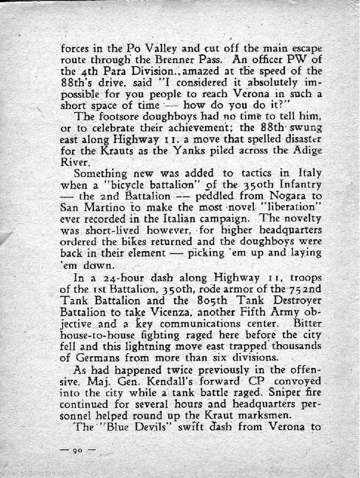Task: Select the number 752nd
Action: [305, 289]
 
